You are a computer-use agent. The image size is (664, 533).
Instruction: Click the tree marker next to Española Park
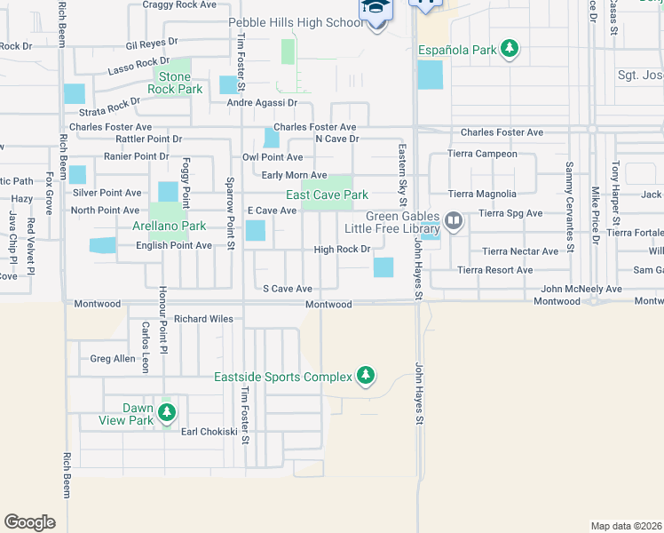click(x=510, y=49)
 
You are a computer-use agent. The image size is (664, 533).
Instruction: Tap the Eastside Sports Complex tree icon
click(x=365, y=377)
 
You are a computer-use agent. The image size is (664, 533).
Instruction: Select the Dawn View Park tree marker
click(x=166, y=413)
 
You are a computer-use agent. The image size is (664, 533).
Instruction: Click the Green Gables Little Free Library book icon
click(x=454, y=219)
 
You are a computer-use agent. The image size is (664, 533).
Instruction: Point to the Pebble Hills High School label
click(x=296, y=22)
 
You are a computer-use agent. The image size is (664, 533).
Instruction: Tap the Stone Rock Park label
click(x=174, y=84)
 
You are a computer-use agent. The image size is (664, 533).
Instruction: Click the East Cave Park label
click(x=327, y=195)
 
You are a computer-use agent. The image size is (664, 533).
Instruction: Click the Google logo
click(x=29, y=522)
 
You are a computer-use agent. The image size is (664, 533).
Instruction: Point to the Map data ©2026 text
click(x=626, y=526)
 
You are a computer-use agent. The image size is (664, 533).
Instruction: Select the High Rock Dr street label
click(x=342, y=250)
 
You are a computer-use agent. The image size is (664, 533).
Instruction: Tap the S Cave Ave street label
click(x=288, y=289)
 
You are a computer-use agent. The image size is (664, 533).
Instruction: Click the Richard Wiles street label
click(x=203, y=318)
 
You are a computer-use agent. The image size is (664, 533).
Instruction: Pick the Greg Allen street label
click(x=113, y=359)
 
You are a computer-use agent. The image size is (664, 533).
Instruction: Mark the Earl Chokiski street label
click(x=209, y=432)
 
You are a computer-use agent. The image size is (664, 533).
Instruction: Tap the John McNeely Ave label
click(x=581, y=289)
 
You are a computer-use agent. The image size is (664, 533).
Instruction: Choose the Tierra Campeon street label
click(x=483, y=154)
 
